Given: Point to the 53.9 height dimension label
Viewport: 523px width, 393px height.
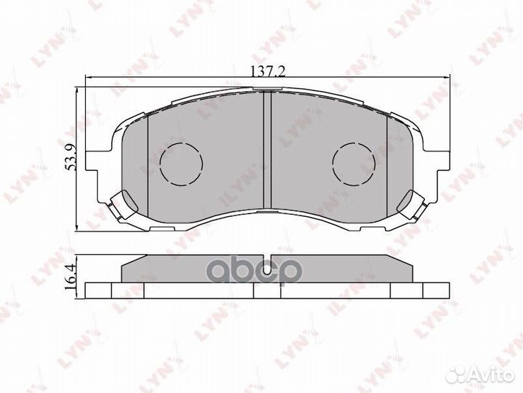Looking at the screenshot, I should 71,157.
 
